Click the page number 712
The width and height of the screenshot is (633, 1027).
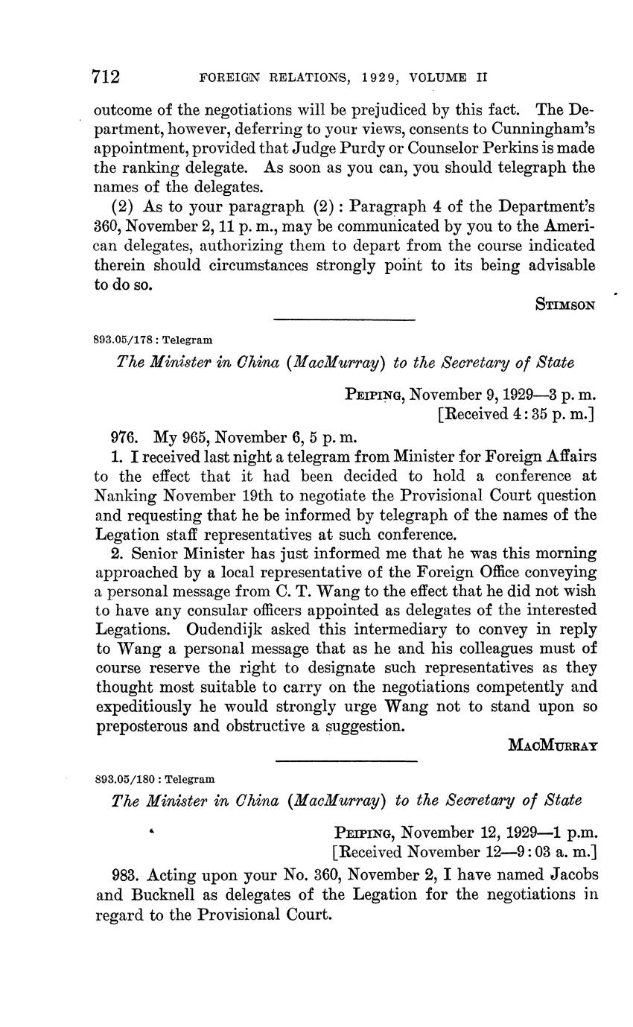106,77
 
